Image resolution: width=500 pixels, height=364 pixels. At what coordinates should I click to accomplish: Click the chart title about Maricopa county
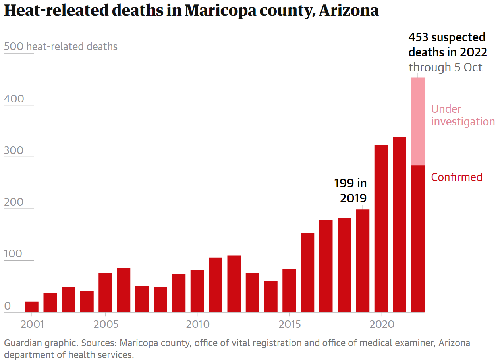tap(191, 11)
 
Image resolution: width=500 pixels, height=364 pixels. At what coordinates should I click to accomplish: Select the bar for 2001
tap(32, 307)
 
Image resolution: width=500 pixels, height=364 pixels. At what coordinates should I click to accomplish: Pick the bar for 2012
tap(234, 284)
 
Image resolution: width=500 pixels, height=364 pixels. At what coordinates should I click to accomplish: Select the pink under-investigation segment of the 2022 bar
tap(418, 121)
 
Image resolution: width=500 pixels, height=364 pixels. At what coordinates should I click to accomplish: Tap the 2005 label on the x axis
tap(105, 324)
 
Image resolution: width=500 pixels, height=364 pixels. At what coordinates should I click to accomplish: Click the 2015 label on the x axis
tap(289, 324)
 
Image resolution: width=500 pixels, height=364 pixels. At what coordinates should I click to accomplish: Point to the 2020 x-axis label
tap(381, 324)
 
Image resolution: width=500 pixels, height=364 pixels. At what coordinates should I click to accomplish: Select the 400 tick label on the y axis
tap(14, 99)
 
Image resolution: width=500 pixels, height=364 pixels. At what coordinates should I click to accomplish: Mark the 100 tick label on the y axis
tap(14, 254)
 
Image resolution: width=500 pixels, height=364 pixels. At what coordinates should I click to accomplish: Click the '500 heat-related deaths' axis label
tap(60, 47)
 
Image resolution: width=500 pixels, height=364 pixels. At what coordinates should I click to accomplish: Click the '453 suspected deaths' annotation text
tap(447, 44)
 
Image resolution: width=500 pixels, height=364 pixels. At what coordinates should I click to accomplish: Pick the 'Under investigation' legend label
tap(463, 115)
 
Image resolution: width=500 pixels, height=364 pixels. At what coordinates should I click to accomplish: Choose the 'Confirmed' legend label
tap(457, 177)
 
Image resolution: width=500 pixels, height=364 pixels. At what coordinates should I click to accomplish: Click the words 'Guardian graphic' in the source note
tap(29, 343)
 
